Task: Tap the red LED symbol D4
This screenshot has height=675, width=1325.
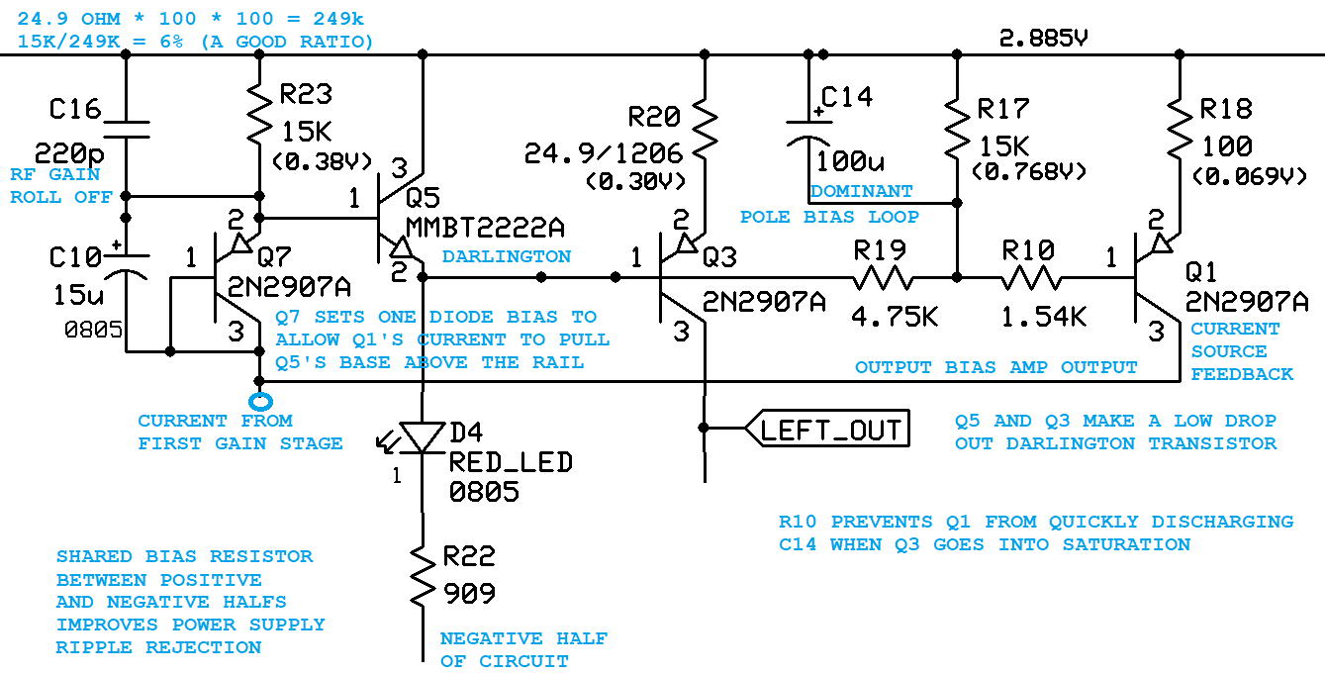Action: click(423, 436)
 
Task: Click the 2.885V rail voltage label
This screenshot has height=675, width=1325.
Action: click(1044, 39)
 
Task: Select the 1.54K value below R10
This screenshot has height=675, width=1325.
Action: click(1044, 317)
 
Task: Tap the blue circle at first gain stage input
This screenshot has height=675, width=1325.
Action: click(260, 402)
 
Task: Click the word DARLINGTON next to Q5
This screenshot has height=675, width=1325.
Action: click(506, 256)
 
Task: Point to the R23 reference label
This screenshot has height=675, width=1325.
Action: click(306, 94)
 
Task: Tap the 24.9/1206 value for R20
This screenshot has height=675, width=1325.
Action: click(603, 153)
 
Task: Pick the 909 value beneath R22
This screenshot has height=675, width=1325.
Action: click(468, 593)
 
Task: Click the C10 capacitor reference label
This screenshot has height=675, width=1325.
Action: click(75, 258)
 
